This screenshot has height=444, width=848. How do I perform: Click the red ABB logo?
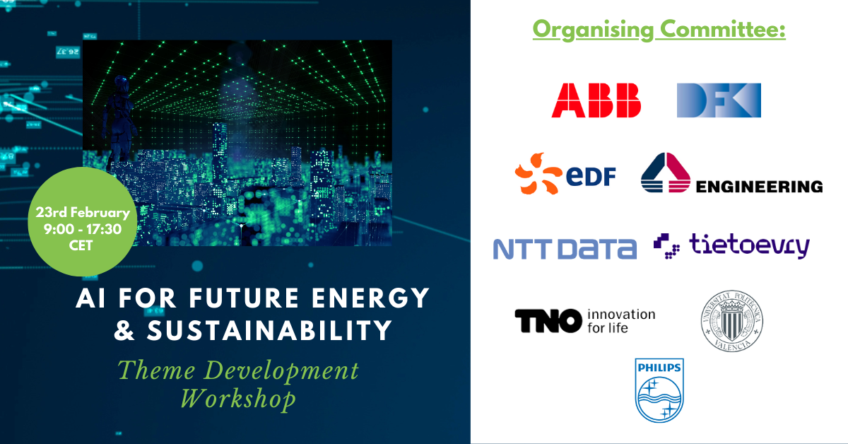pyautogui.click(x=596, y=100)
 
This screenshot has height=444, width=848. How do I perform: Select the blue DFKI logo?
pyautogui.click(x=719, y=100)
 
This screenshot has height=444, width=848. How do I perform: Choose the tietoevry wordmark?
pyautogui.click(x=749, y=246)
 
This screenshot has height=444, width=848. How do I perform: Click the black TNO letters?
pyautogui.click(x=548, y=321)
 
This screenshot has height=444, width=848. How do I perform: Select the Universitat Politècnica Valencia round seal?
pyautogui.click(x=731, y=322)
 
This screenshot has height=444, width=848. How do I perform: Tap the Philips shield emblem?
pyautogui.click(x=659, y=390)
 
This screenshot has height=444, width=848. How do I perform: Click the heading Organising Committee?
pyautogui.click(x=659, y=30)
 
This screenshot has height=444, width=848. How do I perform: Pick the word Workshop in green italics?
pyautogui.click(x=238, y=399)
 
